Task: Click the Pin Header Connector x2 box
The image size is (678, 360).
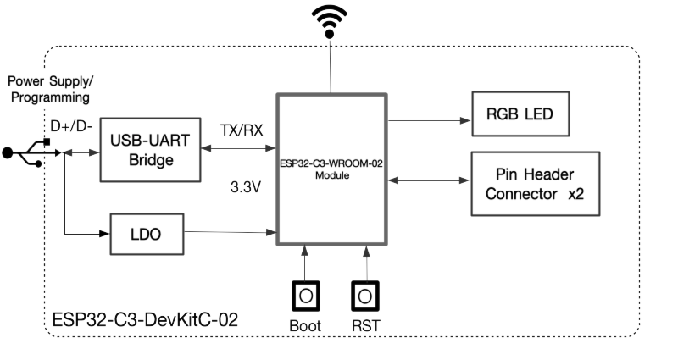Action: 535,185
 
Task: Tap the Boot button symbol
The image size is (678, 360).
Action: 304,296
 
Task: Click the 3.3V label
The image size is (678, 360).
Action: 246,184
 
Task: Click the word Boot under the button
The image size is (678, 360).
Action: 303,326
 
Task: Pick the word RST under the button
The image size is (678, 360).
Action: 366,326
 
